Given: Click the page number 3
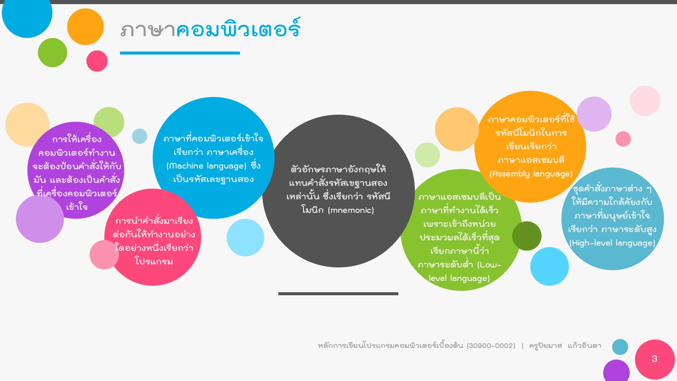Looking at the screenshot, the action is (x=654, y=359).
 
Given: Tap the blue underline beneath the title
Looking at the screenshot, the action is (x=180, y=53).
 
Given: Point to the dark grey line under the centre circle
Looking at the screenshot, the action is (x=338, y=294).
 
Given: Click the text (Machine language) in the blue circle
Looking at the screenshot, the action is (x=206, y=166).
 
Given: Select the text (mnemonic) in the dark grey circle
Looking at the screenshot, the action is (x=351, y=210).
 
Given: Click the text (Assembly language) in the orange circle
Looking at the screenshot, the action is (x=531, y=174).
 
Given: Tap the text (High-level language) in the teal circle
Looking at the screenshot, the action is (x=612, y=243).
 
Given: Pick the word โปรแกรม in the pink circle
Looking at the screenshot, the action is (x=154, y=261).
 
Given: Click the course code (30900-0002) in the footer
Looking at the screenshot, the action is (x=491, y=346).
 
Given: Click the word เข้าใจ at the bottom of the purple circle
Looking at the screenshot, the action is (x=77, y=207).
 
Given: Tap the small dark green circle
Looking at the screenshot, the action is (x=527, y=236).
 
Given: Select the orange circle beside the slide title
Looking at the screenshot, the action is (x=85, y=27).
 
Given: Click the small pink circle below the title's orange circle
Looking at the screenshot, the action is (x=97, y=61).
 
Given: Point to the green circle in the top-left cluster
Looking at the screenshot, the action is (x=53, y=53).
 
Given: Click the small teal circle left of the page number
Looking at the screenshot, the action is (x=620, y=347).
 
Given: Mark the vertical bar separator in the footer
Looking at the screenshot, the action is (x=522, y=346).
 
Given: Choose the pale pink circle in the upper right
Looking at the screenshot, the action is (x=645, y=101).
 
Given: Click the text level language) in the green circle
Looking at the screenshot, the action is (x=459, y=278).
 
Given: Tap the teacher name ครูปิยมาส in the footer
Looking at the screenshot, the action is (x=545, y=346).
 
